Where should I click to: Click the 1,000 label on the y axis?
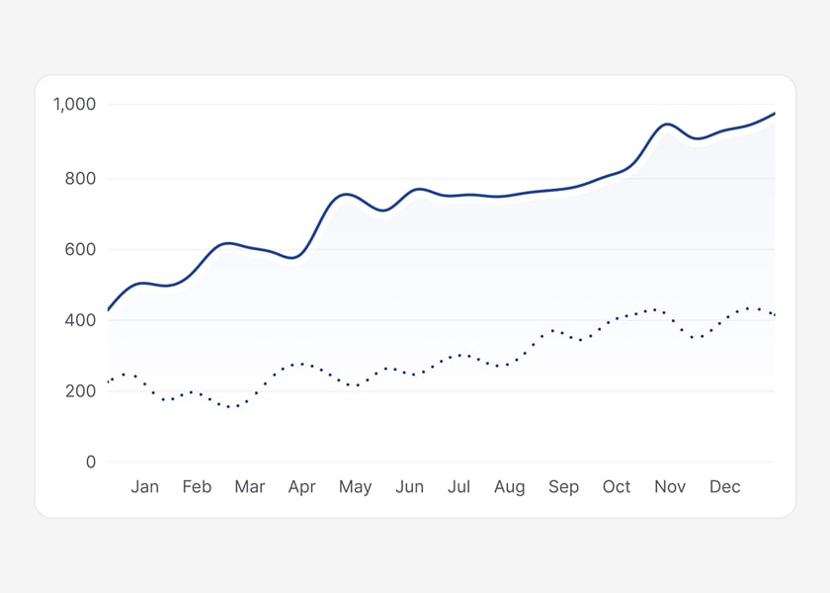pyautogui.click(x=74, y=105)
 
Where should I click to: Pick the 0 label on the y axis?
pyautogui.click(x=91, y=463)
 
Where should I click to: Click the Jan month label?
pyautogui.click(x=144, y=487)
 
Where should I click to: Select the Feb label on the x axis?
pyautogui.click(x=197, y=487)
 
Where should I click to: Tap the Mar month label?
pyautogui.click(x=250, y=487)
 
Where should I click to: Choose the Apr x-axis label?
pyautogui.click(x=301, y=487)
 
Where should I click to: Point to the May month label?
pyautogui.click(x=355, y=487)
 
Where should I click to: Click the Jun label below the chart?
pyautogui.click(x=409, y=487)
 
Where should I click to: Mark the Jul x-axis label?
pyautogui.click(x=458, y=487)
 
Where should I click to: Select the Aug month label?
pyautogui.click(x=510, y=487)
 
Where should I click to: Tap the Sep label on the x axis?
pyautogui.click(x=563, y=487)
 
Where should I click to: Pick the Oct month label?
pyautogui.click(x=617, y=487)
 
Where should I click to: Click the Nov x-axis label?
pyautogui.click(x=670, y=487)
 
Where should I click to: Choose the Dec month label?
pyautogui.click(x=724, y=487)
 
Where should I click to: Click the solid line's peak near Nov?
pyautogui.click(x=669, y=125)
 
